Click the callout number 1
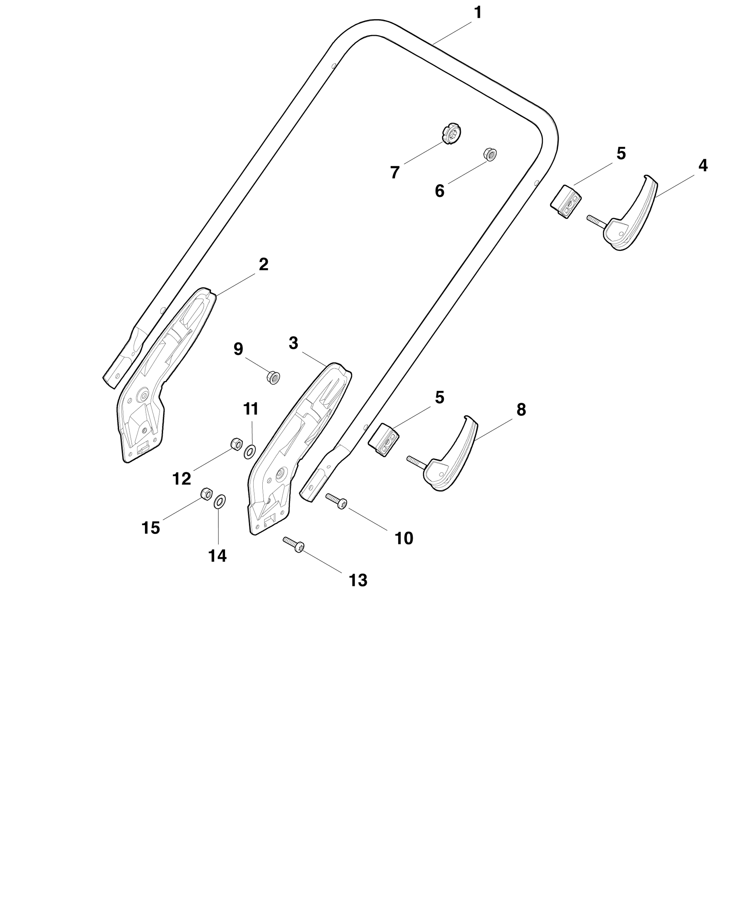[x=478, y=13]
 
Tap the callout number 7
[x=395, y=172]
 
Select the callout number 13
[x=358, y=580]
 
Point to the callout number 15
[x=150, y=528]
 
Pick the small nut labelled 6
[x=489, y=154]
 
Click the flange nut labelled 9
[x=273, y=377]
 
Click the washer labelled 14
[x=220, y=501]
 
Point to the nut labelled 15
[x=206, y=494]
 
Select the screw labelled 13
[x=294, y=544]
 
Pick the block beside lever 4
[x=566, y=201]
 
